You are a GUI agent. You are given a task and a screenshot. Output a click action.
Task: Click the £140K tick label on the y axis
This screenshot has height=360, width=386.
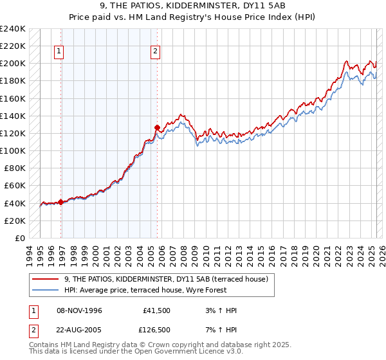point(13,116)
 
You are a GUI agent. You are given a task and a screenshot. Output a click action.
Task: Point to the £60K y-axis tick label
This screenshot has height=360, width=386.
point(15,185)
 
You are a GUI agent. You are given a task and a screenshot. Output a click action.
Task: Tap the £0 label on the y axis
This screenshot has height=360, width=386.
point(20,238)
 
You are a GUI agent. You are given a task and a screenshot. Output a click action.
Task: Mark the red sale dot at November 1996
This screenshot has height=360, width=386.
point(61,202)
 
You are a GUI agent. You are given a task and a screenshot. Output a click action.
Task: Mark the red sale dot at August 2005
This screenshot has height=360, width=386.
point(157,127)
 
